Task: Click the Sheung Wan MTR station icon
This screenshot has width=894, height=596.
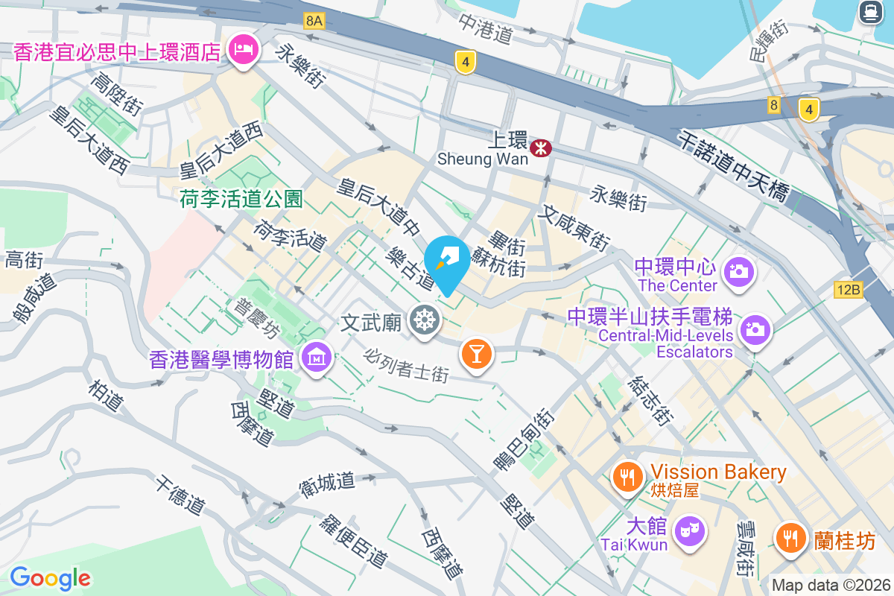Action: pos(540,148)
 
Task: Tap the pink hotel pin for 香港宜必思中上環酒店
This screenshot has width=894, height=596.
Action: pos(243,51)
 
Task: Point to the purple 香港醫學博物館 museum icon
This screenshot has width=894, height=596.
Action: pos(317,359)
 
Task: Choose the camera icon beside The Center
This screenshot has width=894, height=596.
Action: pos(739,271)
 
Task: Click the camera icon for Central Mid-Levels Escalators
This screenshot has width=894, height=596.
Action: pos(755,329)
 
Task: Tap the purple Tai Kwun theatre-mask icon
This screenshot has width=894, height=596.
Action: pos(690,531)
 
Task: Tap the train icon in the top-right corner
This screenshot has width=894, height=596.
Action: pos(869,12)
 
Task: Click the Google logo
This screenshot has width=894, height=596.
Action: pos(50,577)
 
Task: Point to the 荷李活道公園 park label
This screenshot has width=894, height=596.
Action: pos(241,199)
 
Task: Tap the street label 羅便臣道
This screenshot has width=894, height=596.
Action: pos(353,539)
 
